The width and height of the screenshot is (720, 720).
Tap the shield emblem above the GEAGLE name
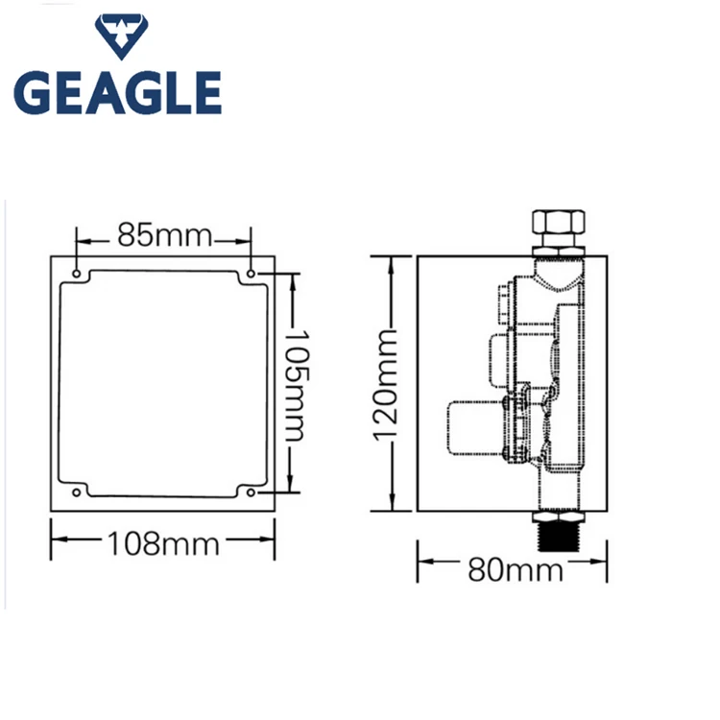[122, 39]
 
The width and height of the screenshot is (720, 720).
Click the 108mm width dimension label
[164, 545]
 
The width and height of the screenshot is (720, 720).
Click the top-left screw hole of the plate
[76, 275]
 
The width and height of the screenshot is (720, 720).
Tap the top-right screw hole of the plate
[252, 275]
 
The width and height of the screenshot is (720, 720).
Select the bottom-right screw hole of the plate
[252, 492]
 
